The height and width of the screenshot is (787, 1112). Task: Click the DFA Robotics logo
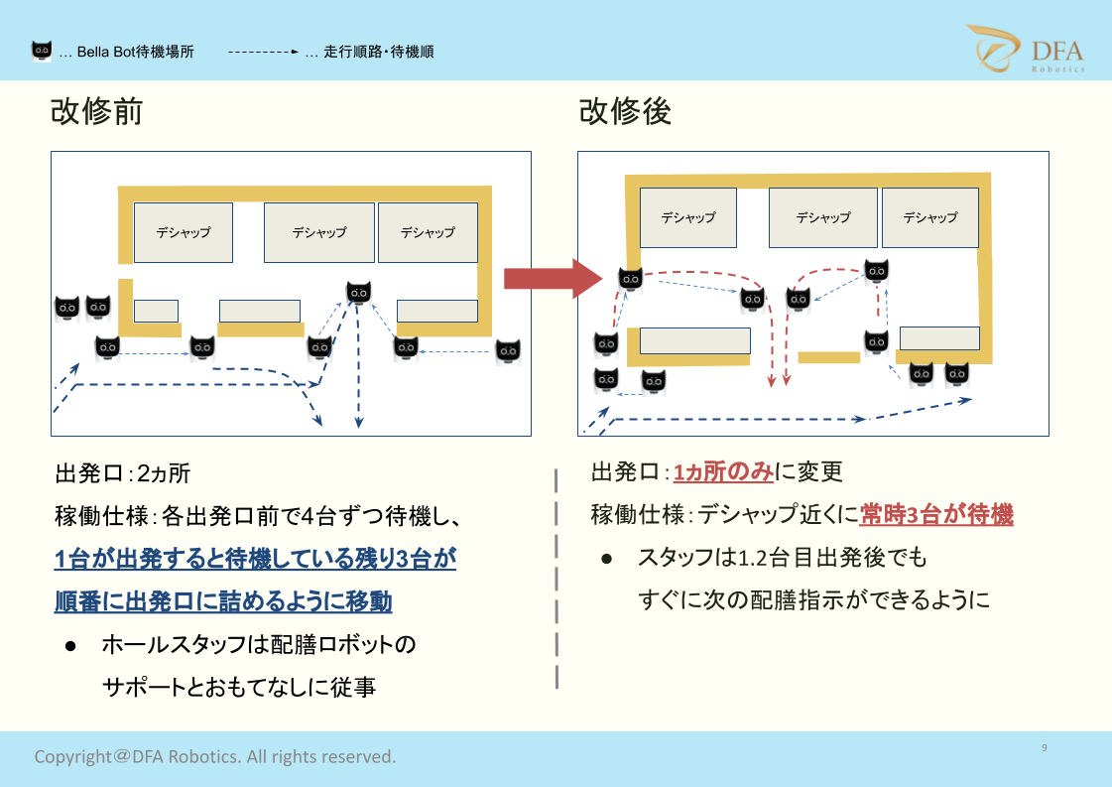pos(1026,49)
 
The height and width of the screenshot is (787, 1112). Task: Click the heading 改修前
pos(96,111)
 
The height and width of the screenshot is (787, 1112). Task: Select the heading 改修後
pos(625,111)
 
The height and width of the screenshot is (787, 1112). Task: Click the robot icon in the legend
pos(42,51)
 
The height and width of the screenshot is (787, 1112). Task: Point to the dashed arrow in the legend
pos(263,52)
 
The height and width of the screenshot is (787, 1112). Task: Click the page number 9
pos(1044,747)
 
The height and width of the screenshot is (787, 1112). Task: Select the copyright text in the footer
pos(215,756)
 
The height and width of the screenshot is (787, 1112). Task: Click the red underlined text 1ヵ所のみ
pos(723,472)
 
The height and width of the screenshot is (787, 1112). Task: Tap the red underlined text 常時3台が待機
pos(936,514)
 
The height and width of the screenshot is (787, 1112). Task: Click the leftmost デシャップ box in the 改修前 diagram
pos(183,233)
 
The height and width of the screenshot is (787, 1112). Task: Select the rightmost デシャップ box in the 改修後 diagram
pos(929,218)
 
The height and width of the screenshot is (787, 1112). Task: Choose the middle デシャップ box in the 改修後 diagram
pos(822,218)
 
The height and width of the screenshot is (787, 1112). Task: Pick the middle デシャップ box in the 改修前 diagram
pos(319,233)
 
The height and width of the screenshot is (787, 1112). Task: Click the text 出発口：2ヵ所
pos(123,473)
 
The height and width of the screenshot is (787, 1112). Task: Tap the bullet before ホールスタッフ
pos(70,646)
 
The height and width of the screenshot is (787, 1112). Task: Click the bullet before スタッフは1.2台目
pos(606,559)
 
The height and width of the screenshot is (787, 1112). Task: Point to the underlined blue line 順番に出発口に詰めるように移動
pos(222,601)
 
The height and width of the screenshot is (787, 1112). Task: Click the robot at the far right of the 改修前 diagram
pos(508,350)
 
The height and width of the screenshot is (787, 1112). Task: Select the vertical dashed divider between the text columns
pos(556,579)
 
